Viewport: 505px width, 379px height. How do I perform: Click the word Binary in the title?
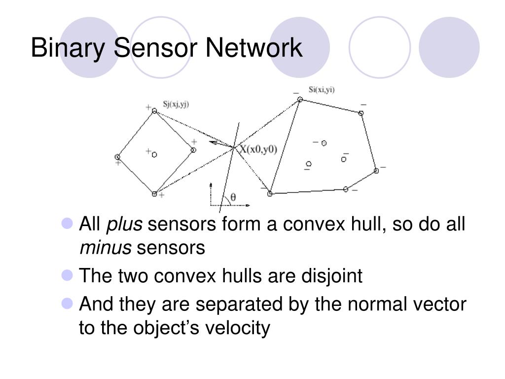68,48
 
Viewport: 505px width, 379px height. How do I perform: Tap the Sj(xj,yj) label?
176,104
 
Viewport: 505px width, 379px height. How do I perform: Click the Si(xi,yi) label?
322,90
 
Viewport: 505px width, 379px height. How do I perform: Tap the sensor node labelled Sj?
154,111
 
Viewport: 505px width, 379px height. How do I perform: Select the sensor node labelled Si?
299,100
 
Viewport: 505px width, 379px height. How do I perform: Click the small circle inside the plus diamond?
154,154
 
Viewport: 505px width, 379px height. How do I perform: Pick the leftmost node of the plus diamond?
117,157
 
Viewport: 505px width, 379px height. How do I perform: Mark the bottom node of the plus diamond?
154,194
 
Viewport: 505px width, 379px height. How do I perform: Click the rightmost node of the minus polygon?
376,171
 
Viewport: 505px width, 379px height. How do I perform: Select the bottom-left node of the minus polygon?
270,194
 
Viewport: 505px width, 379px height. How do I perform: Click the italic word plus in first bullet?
125,225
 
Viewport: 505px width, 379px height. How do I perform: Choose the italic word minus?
105,248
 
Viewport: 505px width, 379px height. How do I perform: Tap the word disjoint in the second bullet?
331,276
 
